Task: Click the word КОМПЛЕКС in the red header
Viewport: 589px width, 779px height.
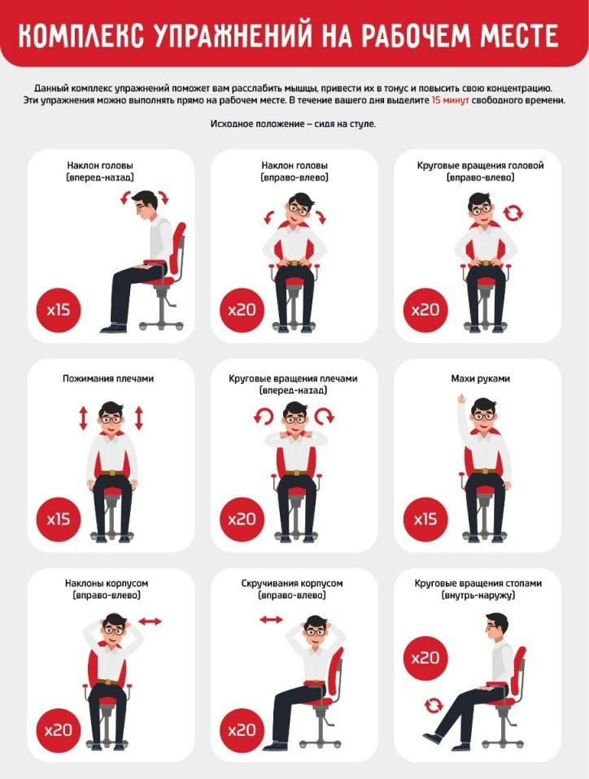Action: [81, 35]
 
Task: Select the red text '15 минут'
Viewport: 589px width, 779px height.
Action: [451, 100]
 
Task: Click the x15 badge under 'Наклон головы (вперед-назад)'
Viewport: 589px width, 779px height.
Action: [59, 311]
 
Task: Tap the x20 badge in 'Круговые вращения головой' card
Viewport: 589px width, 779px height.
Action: [425, 311]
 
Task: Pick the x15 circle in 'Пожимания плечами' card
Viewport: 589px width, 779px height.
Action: [59, 520]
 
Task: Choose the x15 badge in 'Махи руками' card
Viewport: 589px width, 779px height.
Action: [425, 520]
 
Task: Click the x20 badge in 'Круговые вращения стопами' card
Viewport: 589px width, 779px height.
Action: [425, 659]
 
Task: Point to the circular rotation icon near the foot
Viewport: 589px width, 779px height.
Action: [434, 705]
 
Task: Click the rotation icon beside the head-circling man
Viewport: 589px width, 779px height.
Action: [513, 213]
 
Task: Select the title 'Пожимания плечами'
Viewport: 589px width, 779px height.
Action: [108, 379]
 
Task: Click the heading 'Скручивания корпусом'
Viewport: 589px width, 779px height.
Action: [292, 583]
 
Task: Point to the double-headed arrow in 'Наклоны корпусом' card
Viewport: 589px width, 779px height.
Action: [151, 621]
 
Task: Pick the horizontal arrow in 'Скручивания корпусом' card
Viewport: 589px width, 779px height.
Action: [272, 620]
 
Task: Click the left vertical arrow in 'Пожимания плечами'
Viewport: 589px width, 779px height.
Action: [83, 418]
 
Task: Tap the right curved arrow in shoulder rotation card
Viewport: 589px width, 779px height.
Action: [325, 416]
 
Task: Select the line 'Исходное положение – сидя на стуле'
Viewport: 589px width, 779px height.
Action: [293, 124]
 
